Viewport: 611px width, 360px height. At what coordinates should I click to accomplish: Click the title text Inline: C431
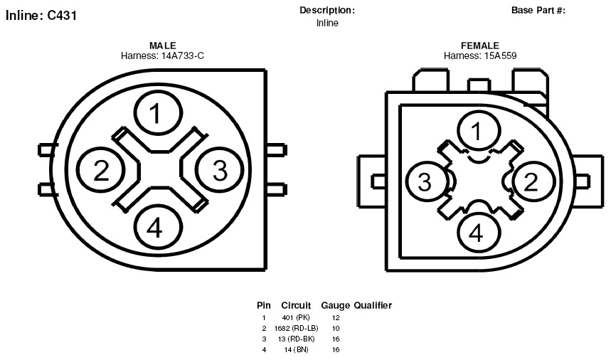point(41,16)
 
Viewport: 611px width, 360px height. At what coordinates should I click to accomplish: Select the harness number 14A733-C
point(182,55)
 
